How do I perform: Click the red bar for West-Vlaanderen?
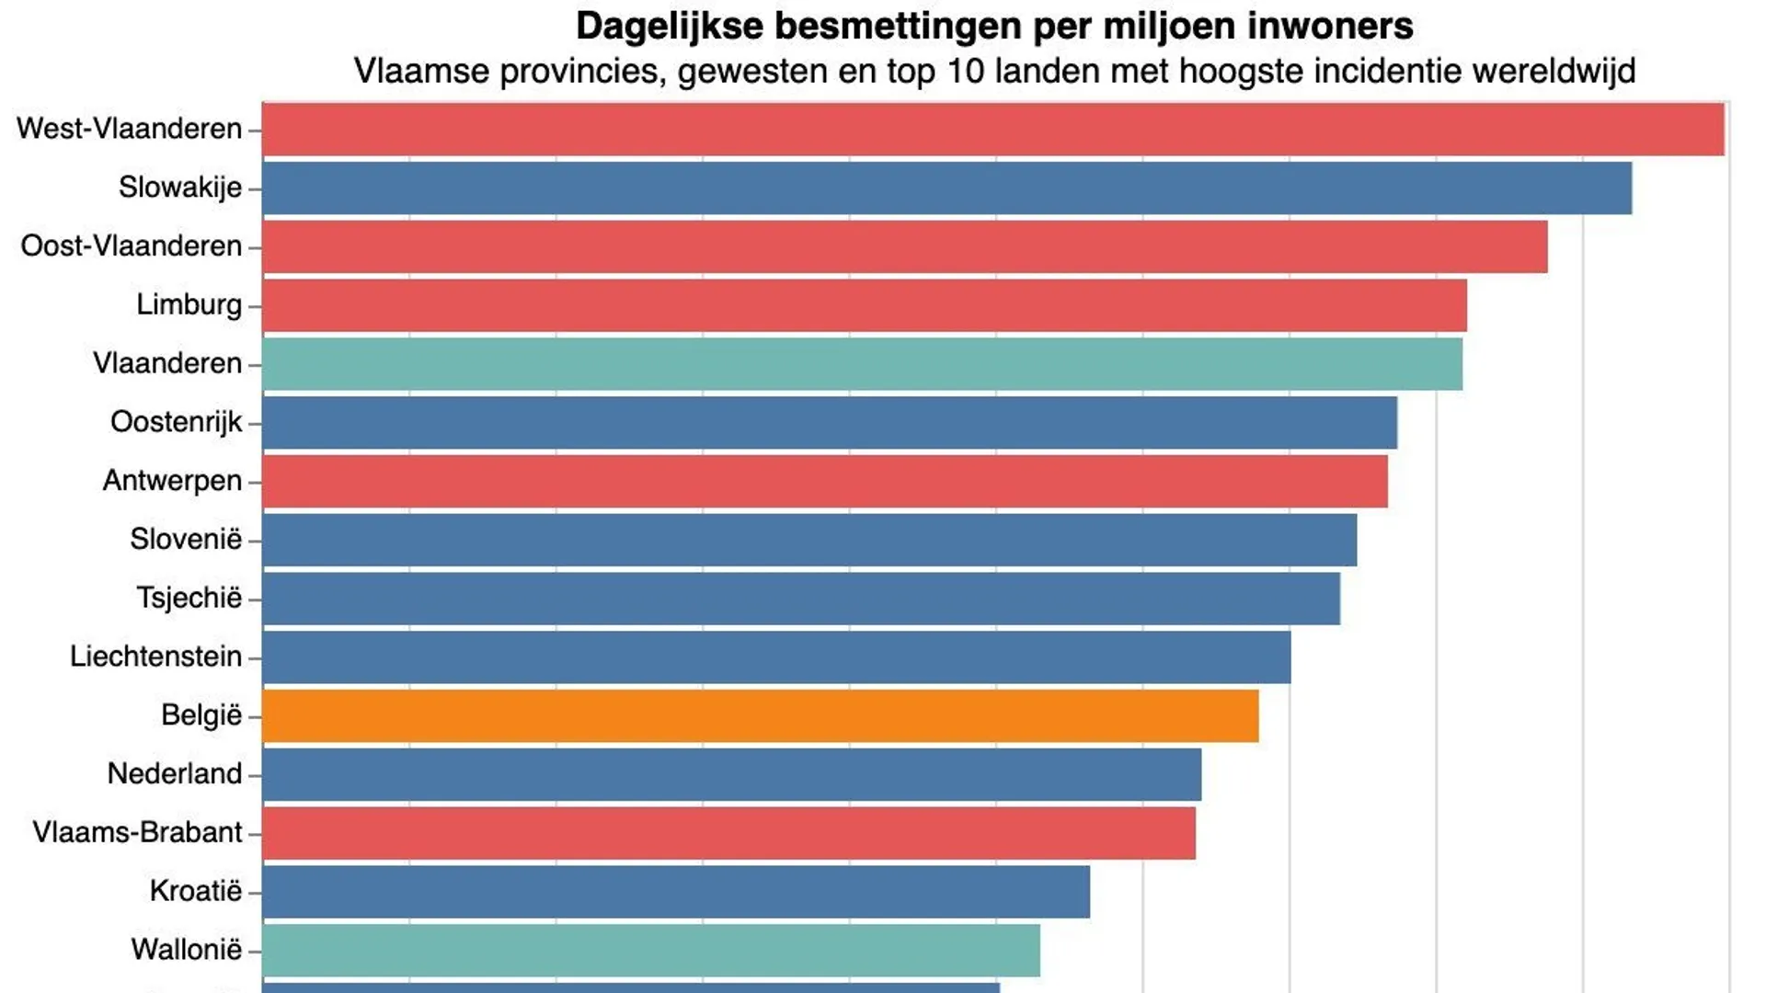click(993, 130)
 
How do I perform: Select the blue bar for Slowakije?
click(947, 188)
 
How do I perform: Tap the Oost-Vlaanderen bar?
click(905, 246)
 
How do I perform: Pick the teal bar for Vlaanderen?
click(863, 364)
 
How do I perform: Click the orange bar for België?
click(761, 715)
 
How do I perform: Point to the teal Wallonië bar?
click(651, 951)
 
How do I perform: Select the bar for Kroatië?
click(676, 892)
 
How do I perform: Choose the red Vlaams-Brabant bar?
click(729, 833)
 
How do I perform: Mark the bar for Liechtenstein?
click(777, 657)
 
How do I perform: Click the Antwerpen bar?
click(825, 481)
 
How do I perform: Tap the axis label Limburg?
click(189, 304)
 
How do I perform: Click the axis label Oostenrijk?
click(176, 422)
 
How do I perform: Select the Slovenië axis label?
click(185, 539)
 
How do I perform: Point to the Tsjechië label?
click(189, 598)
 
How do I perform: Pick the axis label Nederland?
click(174, 774)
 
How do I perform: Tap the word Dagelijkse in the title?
click(669, 27)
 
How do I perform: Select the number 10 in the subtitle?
click(966, 71)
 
